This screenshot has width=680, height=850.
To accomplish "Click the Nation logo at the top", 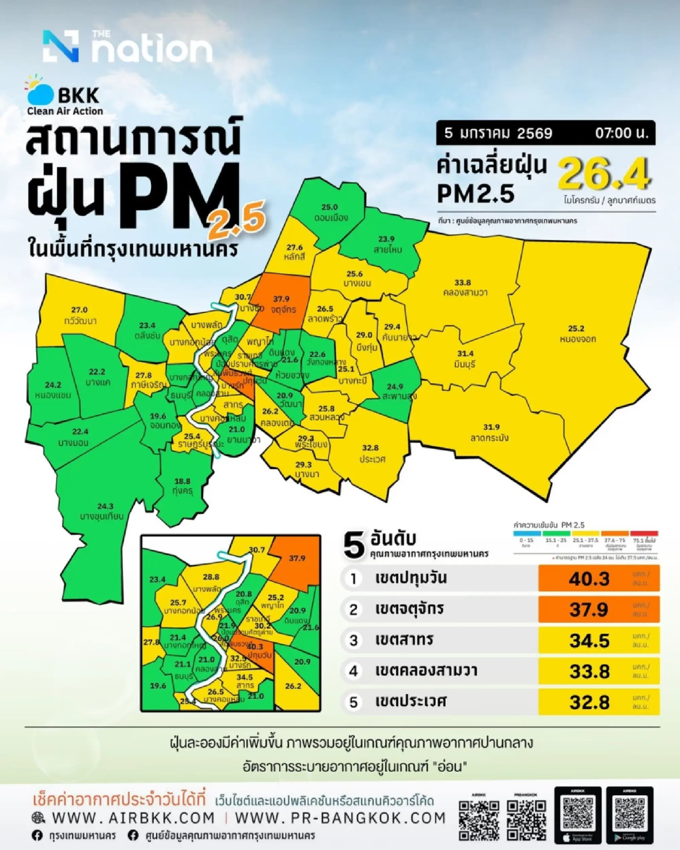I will (x=128, y=47).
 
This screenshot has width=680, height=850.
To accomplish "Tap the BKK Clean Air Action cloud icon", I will (x=40, y=94).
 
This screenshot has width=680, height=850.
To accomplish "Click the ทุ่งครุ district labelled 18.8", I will (x=182, y=486).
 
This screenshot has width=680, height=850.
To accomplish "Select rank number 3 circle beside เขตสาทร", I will (x=353, y=641).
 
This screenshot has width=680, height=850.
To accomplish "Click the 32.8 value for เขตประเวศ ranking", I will (x=589, y=702).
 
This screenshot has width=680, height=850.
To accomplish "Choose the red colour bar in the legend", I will (x=644, y=534).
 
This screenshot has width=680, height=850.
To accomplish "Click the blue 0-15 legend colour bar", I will (x=527, y=534).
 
